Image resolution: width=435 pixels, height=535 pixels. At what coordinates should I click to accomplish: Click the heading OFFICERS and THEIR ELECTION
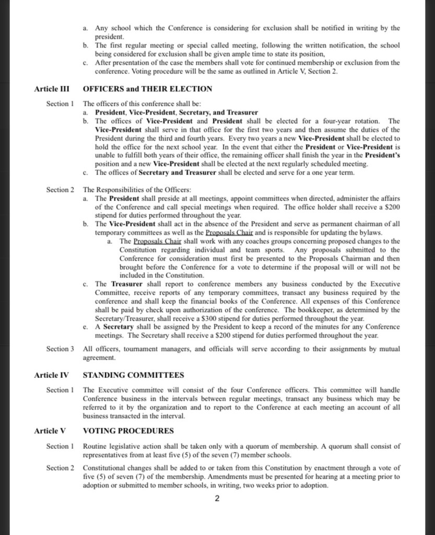pos(147,89)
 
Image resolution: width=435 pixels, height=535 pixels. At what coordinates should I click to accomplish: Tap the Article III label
pos(52,89)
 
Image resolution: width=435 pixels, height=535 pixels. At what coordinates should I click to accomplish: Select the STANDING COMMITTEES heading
pos(133,375)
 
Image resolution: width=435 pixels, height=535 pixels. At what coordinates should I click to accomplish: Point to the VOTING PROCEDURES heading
pos(128,431)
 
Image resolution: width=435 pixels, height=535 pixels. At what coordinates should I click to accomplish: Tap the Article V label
pos(50,431)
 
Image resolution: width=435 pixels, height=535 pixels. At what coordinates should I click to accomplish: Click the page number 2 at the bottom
pos(217,498)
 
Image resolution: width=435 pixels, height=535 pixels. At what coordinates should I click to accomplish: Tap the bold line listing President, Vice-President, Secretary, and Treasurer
pos(177,112)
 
